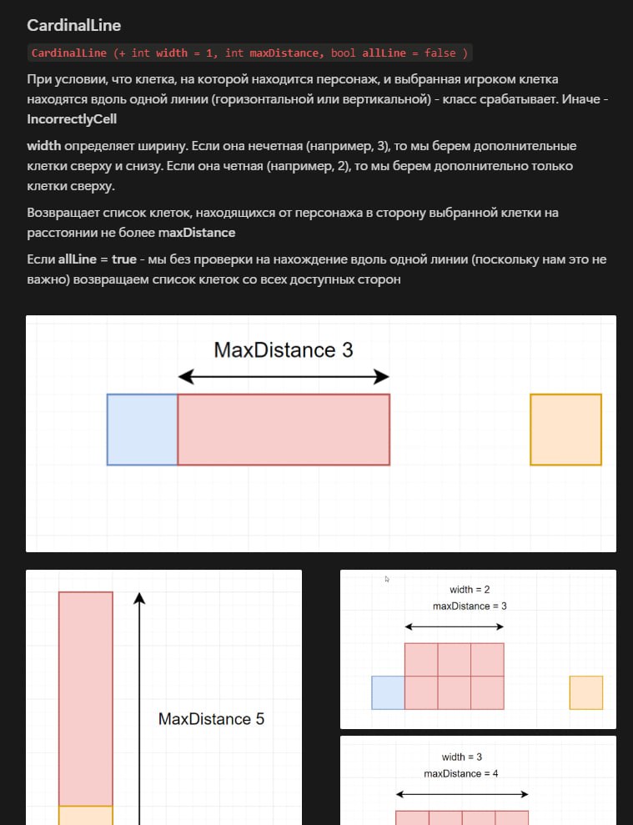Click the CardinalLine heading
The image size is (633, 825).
pyautogui.click(x=73, y=25)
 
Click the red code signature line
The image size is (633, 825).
pyautogui.click(x=249, y=53)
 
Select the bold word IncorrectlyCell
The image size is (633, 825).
pyautogui.click(x=72, y=119)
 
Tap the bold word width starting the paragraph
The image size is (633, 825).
pyautogui.click(x=44, y=146)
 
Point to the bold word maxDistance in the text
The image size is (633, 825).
pyautogui.click(x=197, y=233)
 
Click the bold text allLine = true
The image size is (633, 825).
pyautogui.click(x=98, y=259)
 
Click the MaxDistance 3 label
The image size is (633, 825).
pyautogui.click(x=283, y=350)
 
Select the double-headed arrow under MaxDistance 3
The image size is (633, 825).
pyautogui.click(x=284, y=377)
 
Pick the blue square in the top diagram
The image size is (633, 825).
pyautogui.click(x=142, y=430)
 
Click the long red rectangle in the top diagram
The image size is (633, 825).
pyautogui.click(x=284, y=430)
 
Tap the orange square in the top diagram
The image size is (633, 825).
pyautogui.click(x=565, y=430)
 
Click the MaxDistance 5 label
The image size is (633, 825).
pyautogui.click(x=212, y=719)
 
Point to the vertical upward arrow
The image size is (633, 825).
pyautogui.click(x=139, y=709)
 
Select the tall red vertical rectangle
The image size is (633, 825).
pyautogui.click(x=86, y=699)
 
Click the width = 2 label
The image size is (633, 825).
pyautogui.click(x=470, y=589)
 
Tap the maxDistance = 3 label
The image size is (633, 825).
pyautogui.click(x=470, y=606)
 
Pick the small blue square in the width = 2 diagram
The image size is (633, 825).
pyautogui.click(x=389, y=692)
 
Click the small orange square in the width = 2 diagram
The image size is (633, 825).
pyautogui.click(x=586, y=692)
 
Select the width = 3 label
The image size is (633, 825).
pyautogui.click(x=461, y=757)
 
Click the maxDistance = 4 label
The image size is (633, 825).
pyautogui.click(x=461, y=773)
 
